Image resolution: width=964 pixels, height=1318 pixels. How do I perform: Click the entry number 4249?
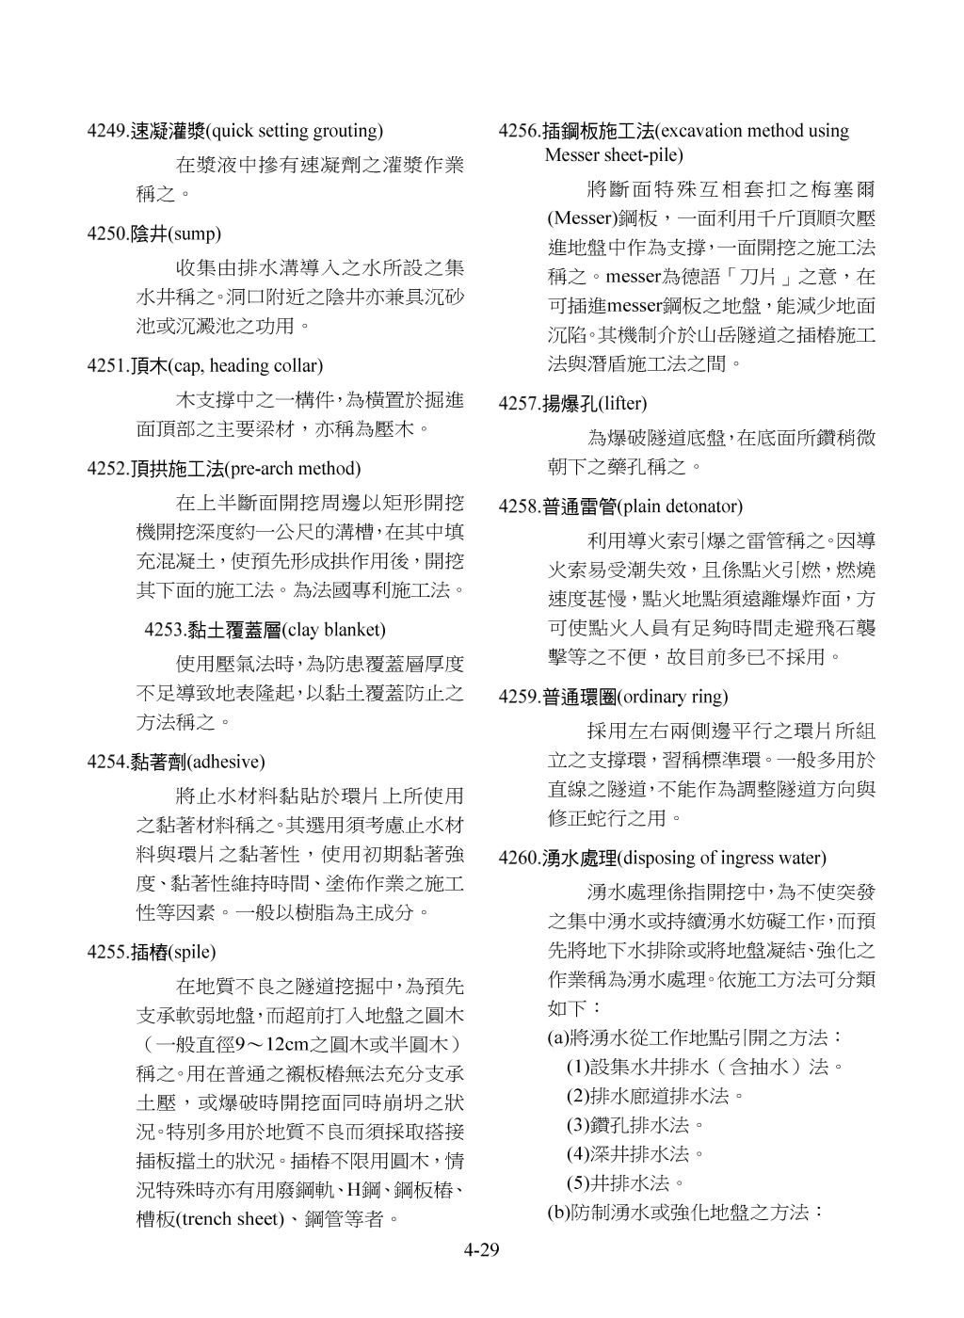coord(106,131)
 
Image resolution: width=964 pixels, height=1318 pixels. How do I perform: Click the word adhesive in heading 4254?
coord(227,762)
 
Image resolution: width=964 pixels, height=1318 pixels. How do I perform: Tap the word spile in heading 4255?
coord(191,952)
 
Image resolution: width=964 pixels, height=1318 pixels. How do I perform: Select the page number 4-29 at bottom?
coord(480,1251)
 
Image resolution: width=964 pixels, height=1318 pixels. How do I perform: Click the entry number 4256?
coord(519,131)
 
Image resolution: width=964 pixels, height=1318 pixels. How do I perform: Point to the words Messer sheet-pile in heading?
coord(614,154)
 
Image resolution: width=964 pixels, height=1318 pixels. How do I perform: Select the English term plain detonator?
coord(682,507)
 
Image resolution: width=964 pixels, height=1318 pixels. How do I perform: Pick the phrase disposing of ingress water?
coord(723,859)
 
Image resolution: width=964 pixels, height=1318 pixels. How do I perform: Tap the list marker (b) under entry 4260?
coord(556,1213)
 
